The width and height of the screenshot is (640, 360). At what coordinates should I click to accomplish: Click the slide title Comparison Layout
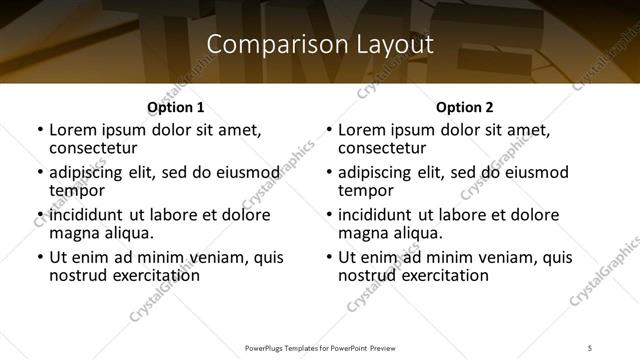(x=320, y=45)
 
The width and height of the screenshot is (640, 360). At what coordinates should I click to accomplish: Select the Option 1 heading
(x=175, y=107)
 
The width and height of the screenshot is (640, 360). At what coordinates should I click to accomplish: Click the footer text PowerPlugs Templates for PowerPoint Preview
(x=319, y=348)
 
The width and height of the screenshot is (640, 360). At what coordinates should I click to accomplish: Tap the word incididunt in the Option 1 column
(x=85, y=215)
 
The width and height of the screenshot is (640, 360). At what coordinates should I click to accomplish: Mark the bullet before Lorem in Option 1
(x=39, y=131)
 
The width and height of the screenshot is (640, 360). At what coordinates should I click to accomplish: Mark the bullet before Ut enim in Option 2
(x=329, y=257)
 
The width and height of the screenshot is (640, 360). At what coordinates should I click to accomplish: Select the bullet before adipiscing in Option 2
(x=329, y=173)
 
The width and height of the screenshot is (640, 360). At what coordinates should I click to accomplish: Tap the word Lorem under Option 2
(x=361, y=130)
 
